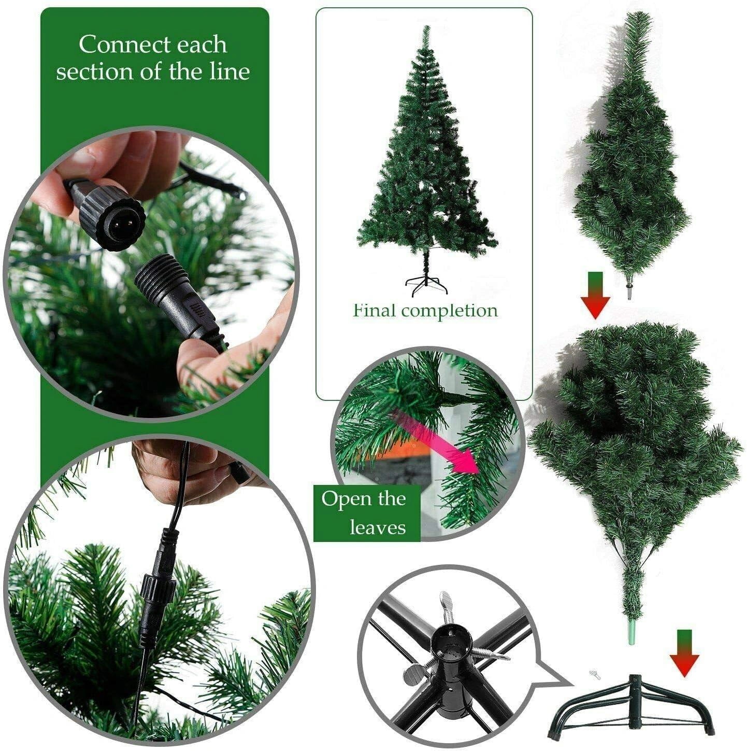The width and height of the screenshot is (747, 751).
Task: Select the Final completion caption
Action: [x=425, y=311]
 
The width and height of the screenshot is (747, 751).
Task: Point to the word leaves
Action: [x=377, y=527]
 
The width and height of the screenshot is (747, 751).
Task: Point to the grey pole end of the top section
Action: [x=630, y=292]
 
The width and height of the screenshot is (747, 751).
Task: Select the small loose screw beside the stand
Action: [x=593, y=674]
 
